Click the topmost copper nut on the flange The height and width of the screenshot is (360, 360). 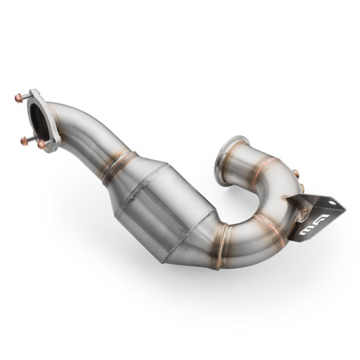pyautogui.click(x=18, y=98)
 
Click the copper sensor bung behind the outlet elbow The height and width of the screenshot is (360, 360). pyautogui.click(x=296, y=174)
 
